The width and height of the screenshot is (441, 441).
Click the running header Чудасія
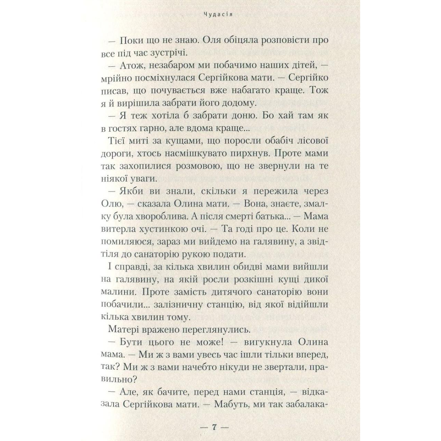[x=220, y=16]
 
